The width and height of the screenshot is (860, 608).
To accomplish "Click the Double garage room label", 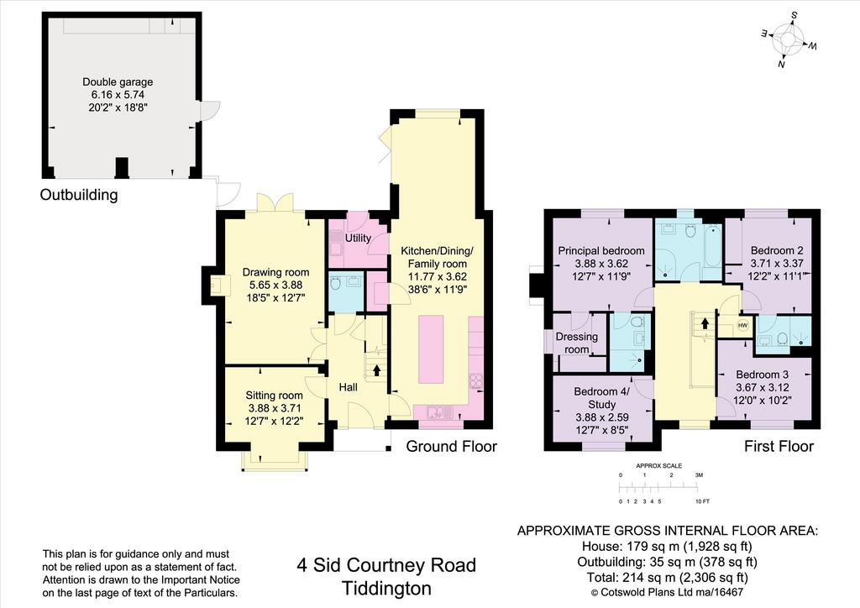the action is (x=118, y=81).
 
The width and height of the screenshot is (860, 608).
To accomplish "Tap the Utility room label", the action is (x=358, y=238).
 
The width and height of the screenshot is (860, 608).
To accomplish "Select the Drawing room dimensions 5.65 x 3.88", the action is (x=275, y=285).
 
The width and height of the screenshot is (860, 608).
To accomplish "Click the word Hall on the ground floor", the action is (x=348, y=387).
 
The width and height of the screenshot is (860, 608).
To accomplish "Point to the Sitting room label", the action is (x=275, y=396).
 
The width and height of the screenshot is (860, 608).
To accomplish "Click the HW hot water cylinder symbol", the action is (x=742, y=326).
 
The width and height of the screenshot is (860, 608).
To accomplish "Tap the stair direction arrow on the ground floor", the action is (x=376, y=370).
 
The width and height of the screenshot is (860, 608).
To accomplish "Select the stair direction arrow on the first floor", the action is (x=705, y=323).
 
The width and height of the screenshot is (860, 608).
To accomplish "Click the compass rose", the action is (x=788, y=41).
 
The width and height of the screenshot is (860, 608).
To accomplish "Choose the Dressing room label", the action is (x=576, y=343).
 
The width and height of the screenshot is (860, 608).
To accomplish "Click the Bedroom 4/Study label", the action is (x=601, y=398).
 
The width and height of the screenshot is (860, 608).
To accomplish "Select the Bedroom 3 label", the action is (x=763, y=375).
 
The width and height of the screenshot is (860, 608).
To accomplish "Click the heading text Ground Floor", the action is (x=451, y=446).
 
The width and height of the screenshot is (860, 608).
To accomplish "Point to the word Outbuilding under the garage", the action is (x=79, y=195).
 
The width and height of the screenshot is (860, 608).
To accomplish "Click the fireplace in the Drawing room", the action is (x=216, y=285).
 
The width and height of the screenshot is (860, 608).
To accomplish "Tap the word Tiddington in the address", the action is (x=386, y=588).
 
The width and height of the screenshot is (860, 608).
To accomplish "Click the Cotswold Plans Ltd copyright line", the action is (x=667, y=592).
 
